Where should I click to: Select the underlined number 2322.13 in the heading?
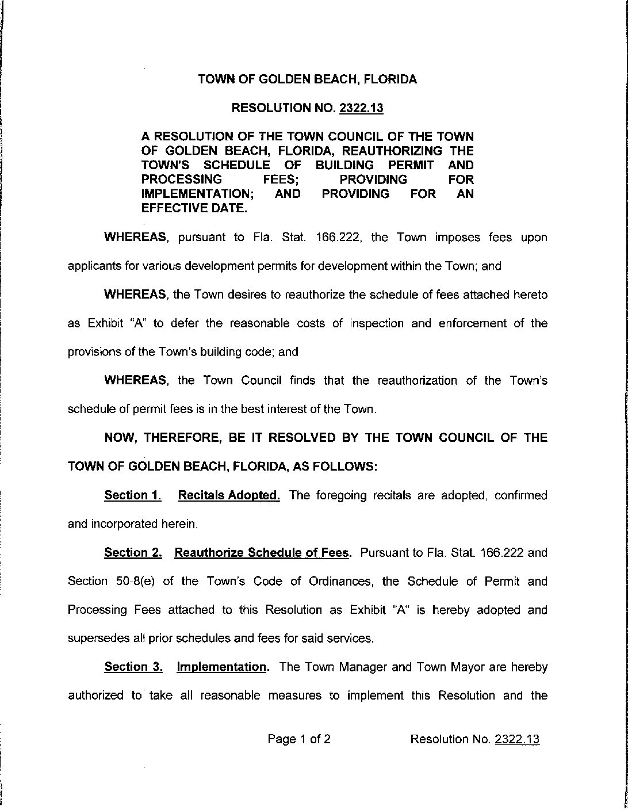pyautogui.click(x=361, y=108)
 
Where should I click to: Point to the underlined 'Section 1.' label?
pyautogui.click(x=132, y=495)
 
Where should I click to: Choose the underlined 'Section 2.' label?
pyautogui.click(x=133, y=553)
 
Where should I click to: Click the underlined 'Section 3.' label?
pyautogui.click(x=133, y=667)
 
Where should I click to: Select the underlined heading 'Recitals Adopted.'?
pyautogui.click(x=229, y=495)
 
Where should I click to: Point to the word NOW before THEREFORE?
pyautogui.click(x=120, y=438)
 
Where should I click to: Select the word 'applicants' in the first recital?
pyautogui.click(x=91, y=266)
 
